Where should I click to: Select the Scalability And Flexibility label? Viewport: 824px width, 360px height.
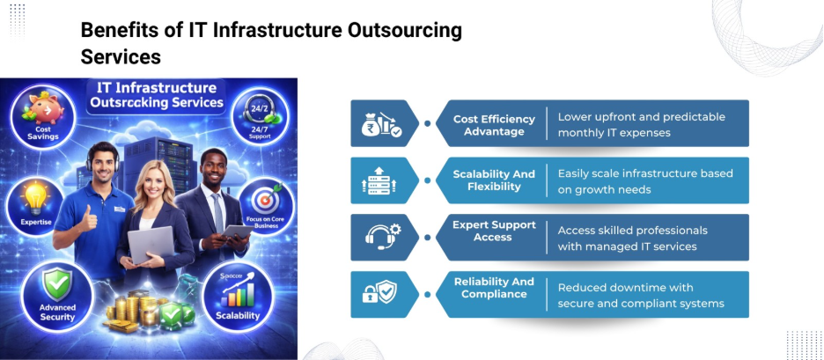point(494,180)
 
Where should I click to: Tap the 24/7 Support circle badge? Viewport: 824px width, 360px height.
point(256,121)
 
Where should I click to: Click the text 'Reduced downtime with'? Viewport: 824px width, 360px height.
point(625,288)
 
